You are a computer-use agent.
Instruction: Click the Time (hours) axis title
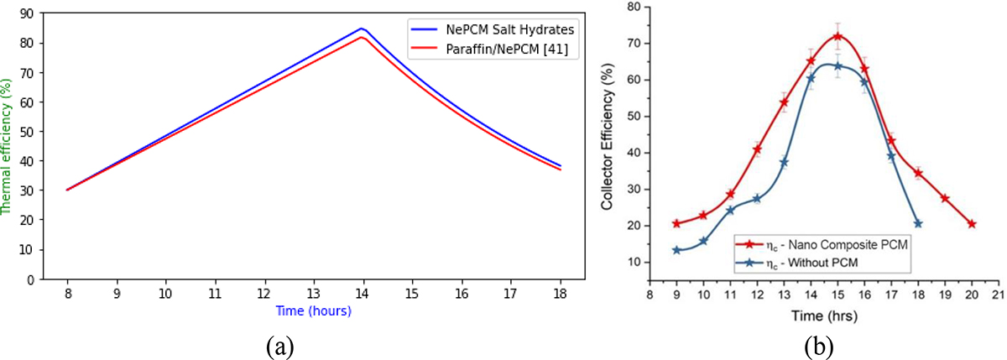pyautogui.click(x=313, y=310)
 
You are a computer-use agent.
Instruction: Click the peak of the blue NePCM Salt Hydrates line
pyautogui.click(x=362, y=29)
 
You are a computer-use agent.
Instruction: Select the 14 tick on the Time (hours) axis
pyautogui.click(x=362, y=293)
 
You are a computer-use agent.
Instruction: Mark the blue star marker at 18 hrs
pyautogui.click(x=918, y=223)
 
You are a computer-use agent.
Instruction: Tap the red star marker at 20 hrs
pyautogui.click(x=972, y=224)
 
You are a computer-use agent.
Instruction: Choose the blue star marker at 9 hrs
pyautogui.click(x=676, y=250)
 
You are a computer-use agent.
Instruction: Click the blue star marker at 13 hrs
pyautogui.click(x=784, y=162)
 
